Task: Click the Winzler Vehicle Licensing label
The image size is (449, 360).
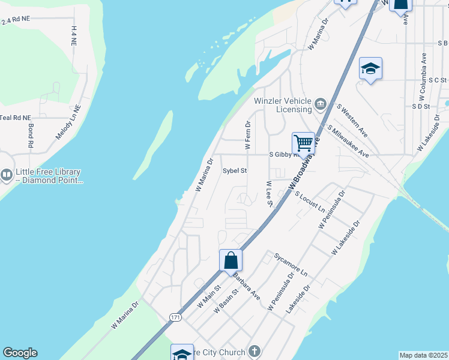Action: [x=283, y=105]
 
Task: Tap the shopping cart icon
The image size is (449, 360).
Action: [x=304, y=143]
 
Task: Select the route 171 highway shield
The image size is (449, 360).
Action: [x=175, y=317]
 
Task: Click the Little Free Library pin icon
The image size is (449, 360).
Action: [x=7, y=175]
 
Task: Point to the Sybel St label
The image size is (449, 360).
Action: [x=235, y=171]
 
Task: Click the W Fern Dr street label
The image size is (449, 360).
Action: [x=247, y=134]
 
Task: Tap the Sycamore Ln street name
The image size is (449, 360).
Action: [x=291, y=264]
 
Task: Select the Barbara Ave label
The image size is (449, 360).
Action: [x=246, y=287]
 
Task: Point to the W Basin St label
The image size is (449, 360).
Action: [x=227, y=300]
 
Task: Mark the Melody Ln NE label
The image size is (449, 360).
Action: [x=68, y=123]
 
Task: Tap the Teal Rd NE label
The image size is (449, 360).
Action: [x=15, y=118]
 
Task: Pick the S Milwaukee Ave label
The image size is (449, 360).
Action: [x=348, y=142]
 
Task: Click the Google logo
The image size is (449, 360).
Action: [x=20, y=353]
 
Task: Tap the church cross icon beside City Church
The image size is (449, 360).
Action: [x=254, y=352]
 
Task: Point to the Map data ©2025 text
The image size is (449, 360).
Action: [x=424, y=355]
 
